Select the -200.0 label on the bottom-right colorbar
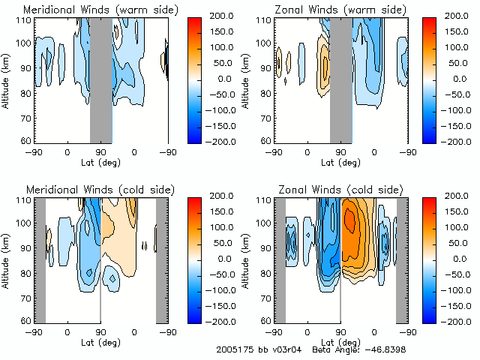pos(464,321)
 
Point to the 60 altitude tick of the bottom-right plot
pos(266,320)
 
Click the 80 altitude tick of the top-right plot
pos(266,93)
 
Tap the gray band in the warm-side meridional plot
pos(100,79)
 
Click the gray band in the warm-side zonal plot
pos(340,79)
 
